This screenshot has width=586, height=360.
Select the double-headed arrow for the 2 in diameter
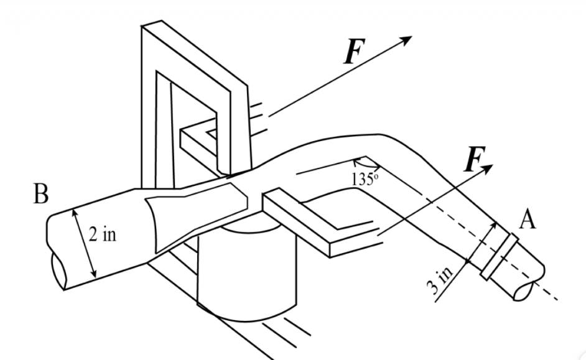coord(85,242)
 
